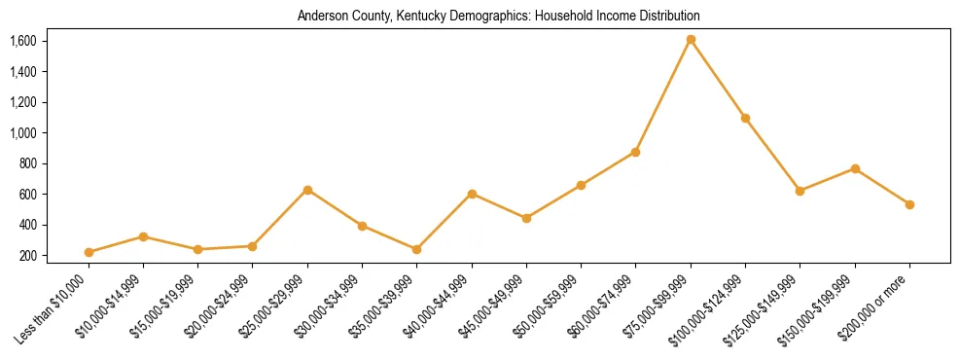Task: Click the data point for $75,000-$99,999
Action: click(x=691, y=40)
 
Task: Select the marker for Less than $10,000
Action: click(x=89, y=252)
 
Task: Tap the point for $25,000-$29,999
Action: click(x=307, y=190)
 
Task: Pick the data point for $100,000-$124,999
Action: click(x=745, y=118)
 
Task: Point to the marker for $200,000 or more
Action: click(x=909, y=204)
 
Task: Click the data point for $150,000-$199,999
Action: click(x=855, y=168)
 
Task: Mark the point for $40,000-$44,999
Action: click(x=472, y=194)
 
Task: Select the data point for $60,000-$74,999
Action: click(x=636, y=152)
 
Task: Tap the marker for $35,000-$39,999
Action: click(x=417, y=249)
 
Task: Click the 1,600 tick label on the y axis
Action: click(x=22, y=41)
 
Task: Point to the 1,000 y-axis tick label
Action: click(x=22, y=133)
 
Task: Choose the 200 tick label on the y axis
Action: click(x=26, y=256)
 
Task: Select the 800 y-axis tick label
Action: click(x=26, y=163)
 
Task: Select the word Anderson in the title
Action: click(x=323, y=17)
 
